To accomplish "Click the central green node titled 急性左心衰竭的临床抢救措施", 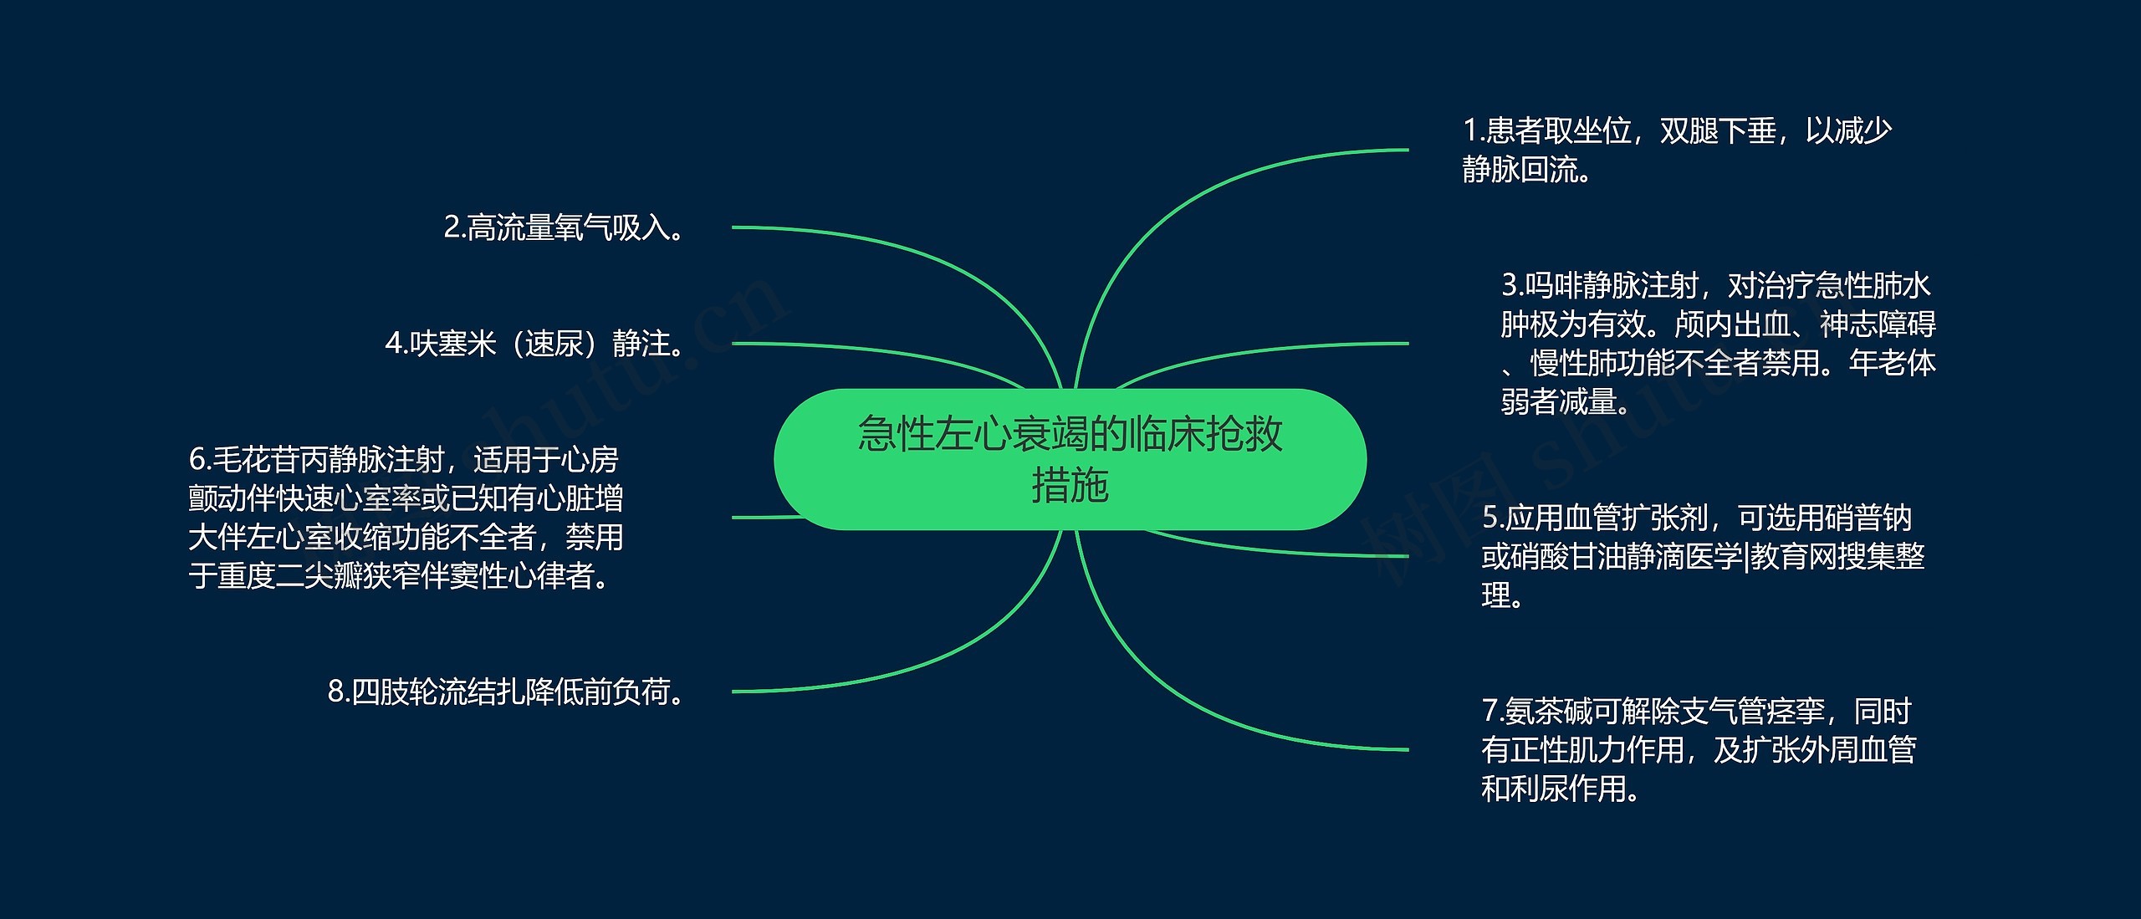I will (1070, 459).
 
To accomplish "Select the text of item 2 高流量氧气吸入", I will (565, 227).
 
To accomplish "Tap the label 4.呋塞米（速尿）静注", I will (535, 344).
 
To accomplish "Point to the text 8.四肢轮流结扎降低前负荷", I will (507, 692).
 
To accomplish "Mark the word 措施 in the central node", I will (1070, 486).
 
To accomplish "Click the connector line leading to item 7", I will (1213, 711).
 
